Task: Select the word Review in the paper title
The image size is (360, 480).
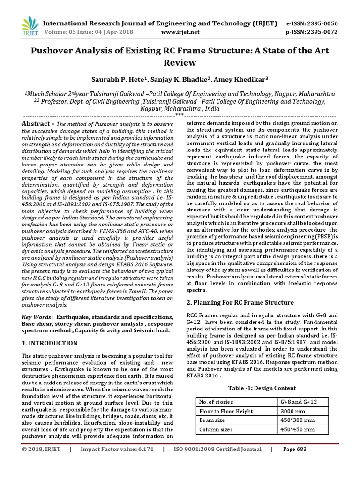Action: tap(180, 62)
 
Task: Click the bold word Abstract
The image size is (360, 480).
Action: tap(37, 123)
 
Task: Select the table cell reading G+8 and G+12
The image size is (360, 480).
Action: tap(298, 402)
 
